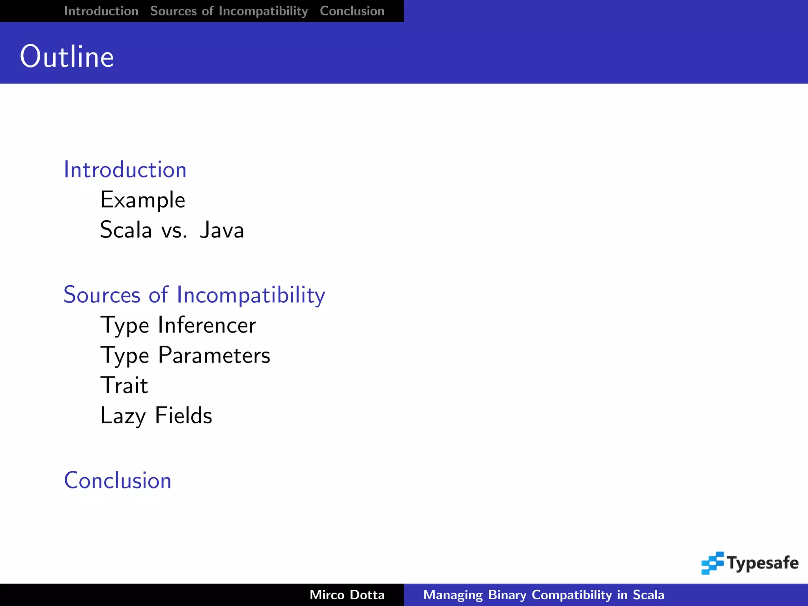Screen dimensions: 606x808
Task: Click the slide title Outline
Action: pyautogui.click(x=67, y=57)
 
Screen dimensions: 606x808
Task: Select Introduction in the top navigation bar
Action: pyautogui.click(x=101, y=11)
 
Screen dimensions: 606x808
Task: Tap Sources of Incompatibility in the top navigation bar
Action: pyautogui.click(x=229, y=11)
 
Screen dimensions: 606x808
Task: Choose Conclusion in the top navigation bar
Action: pyautogui.click(x=352, y=11)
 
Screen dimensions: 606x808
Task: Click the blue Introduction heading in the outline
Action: pyautogui.click(x=125, y=170)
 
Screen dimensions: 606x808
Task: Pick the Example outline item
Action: pyautogui.click(x=142, y=200)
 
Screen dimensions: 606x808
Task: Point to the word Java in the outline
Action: pyautogui.click(x=222, y=230)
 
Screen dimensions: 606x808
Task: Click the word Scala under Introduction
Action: pyautogui.click(x=126, y=230)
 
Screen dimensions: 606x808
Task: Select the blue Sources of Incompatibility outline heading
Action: pyautogui.click(x=194, y=295)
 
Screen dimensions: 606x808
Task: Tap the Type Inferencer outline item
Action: pyautogui.click(x=178, y=325)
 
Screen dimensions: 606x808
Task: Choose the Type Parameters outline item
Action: pyautogui.click(x=185, y=355)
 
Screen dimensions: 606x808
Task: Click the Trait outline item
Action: pyautogui.click(x=124, y=385)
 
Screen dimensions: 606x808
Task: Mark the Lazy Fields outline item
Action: pyautogui.click(x=156, y=416)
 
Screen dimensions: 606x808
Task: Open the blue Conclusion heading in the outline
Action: pyautogui.click(x=118, y=481)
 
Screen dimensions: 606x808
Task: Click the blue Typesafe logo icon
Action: pyautogui.click(x=712, y=563)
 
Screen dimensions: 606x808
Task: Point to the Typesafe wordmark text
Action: pyautogui.click(x=763, y=563)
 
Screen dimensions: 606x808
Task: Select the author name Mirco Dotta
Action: pyautogui.click(x=347, y=595)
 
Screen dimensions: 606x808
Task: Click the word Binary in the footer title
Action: pyautogui.click(x=507, y=595)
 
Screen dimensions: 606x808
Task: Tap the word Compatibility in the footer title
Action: pyautogui.click(x=571, y=595)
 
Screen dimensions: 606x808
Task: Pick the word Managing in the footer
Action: pyautogui.click(x=453, y=595)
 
